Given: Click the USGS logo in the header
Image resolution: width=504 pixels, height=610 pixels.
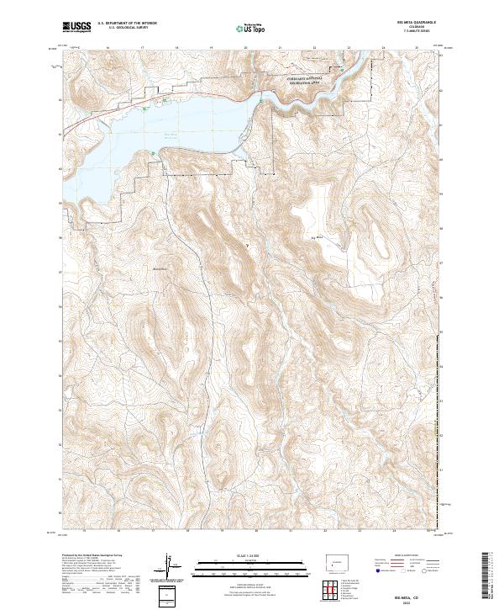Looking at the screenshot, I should tap(76, 28).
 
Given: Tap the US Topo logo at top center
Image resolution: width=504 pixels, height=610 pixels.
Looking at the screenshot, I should tap(251, 29).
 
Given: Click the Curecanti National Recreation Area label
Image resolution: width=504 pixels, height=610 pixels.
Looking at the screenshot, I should tap(303, 81).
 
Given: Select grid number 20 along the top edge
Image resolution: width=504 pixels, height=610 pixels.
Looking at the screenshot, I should tap(244, 48).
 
